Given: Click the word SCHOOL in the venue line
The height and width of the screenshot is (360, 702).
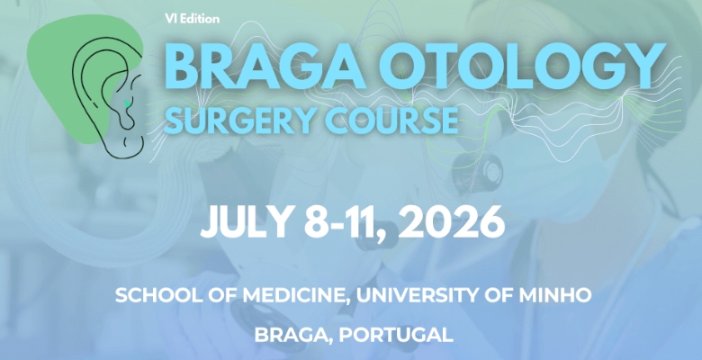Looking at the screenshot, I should (x=156, y=295).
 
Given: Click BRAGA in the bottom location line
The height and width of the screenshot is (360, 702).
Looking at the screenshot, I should (x=288, y=336).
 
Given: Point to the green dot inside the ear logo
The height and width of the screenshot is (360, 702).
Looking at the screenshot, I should (x=129, y=104).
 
